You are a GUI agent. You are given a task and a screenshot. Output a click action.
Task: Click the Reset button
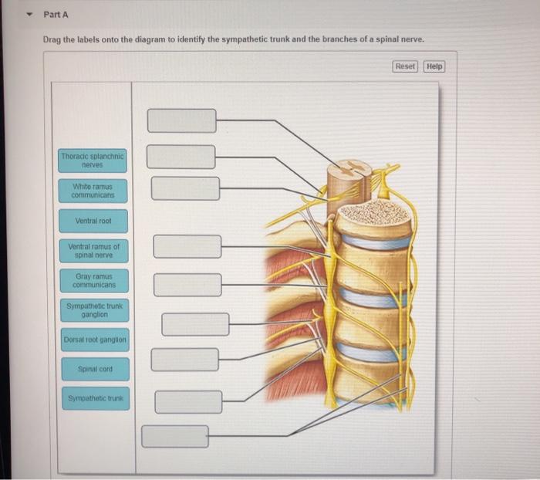pyautogui.click(x=405, y=66)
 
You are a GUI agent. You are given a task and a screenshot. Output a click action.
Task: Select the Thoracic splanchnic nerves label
pyautogui.click(x=93, y=160)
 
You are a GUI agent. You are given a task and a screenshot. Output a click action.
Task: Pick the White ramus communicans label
pyautogui.click(x=93, y=191)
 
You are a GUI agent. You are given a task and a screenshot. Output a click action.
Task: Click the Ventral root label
pyautogui.click(x=93, y=221)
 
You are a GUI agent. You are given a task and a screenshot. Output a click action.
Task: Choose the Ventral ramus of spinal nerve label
pyautogui.click(x=93, y=251)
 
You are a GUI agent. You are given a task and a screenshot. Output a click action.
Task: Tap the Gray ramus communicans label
pyautogui.click(x=93, y=280)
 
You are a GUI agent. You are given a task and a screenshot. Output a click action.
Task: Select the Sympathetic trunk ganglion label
pyautogui.click(x=93, y=310)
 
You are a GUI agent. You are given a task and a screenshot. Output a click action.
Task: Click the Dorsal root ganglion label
pyautogui.click(x=95, y=340)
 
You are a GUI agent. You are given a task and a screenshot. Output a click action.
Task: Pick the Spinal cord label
pyautogui.click(x=95, y=369)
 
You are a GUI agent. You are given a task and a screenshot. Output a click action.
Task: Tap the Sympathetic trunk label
pyautogui.click(x=95, y=398)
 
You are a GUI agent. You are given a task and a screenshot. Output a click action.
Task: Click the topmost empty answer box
pyautogui.click(x=182, y=120)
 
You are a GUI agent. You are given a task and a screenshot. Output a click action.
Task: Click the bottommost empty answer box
pyautogui.click(x=174, y=436)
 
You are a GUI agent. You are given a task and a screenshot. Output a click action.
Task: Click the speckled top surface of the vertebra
pyautogui.click(x=374, y=212)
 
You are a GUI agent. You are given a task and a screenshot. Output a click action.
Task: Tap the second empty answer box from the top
pyautogui.click(x=181, y=157)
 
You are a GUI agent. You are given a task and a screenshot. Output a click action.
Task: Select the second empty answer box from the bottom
pyautogui.click(x=188, y=401)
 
